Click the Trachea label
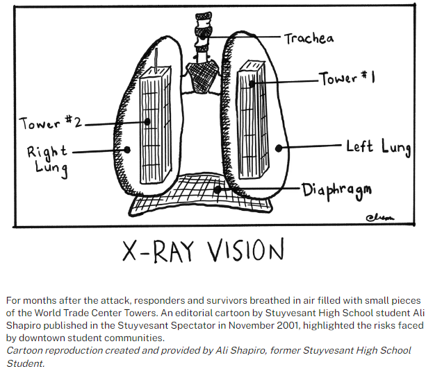(309, 39)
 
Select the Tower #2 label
(51, 123)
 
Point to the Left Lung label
(379, 148)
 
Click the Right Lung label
(48, 161)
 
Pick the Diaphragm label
(336, 191)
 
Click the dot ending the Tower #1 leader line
(252, 84)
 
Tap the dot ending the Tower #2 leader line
(147, 122)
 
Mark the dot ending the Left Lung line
(279, 148)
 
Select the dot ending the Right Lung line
(127, 149)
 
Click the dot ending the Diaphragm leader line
(217, 189)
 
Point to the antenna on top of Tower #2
(156, 60)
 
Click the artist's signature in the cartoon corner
(380, 218)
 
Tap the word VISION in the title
(246, 250)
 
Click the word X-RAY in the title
(158, 250)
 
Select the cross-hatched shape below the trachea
(202, 78)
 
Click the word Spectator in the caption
(193, 325)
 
